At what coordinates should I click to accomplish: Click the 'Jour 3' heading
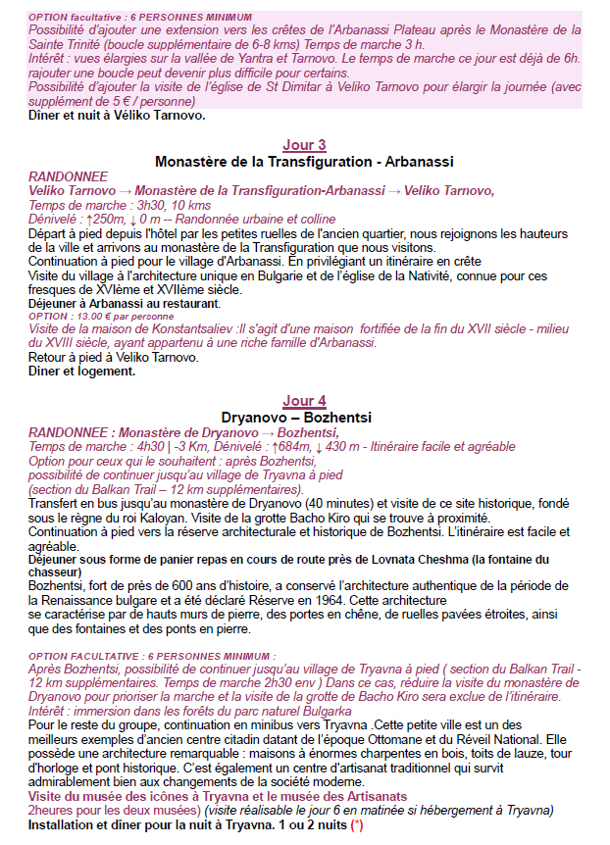click(304, 145)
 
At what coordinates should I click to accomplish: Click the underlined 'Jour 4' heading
click(304, 401)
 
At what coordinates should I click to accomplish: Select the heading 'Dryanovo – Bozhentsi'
click(304, 417)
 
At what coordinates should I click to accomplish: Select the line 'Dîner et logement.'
click(82, 372)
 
